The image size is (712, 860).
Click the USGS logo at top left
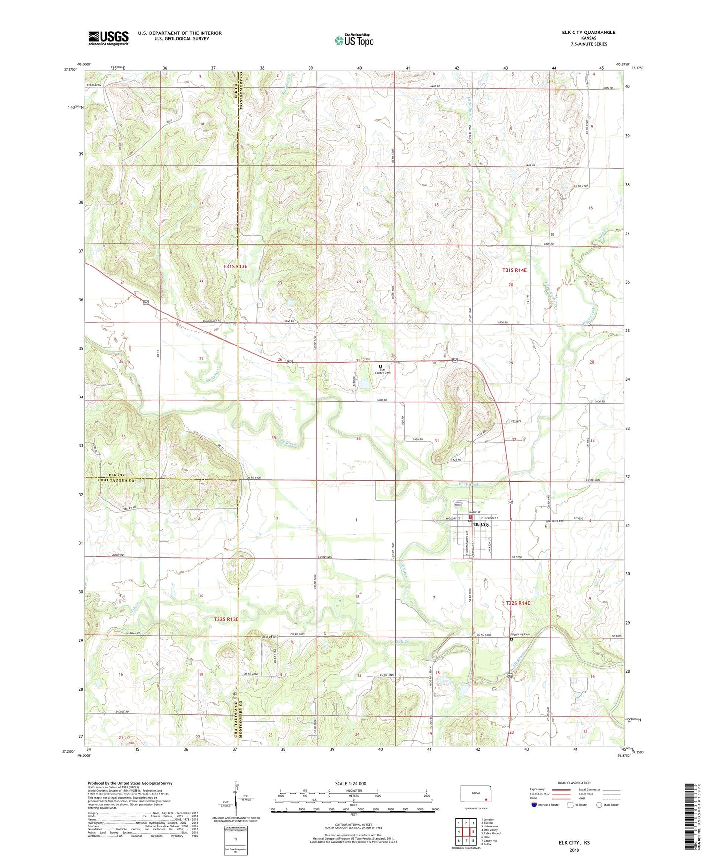tap(108, 38)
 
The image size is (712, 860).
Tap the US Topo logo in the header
tap(353, 40)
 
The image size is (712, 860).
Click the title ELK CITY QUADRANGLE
tap(588, 33)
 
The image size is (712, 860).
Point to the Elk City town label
tap(481, 525)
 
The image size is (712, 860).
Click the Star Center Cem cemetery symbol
tap(380, 366)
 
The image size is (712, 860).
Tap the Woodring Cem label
tap(520, 634)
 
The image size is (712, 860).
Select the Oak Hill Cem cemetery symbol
tap(546, 526)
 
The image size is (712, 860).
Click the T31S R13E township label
tap(235, 266)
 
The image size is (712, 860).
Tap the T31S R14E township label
tap(514, 270)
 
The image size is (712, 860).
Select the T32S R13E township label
tap(226, 619)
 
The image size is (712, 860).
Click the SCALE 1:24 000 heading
tap(350, 784)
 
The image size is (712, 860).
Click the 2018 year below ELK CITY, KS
tap(574, 850)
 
